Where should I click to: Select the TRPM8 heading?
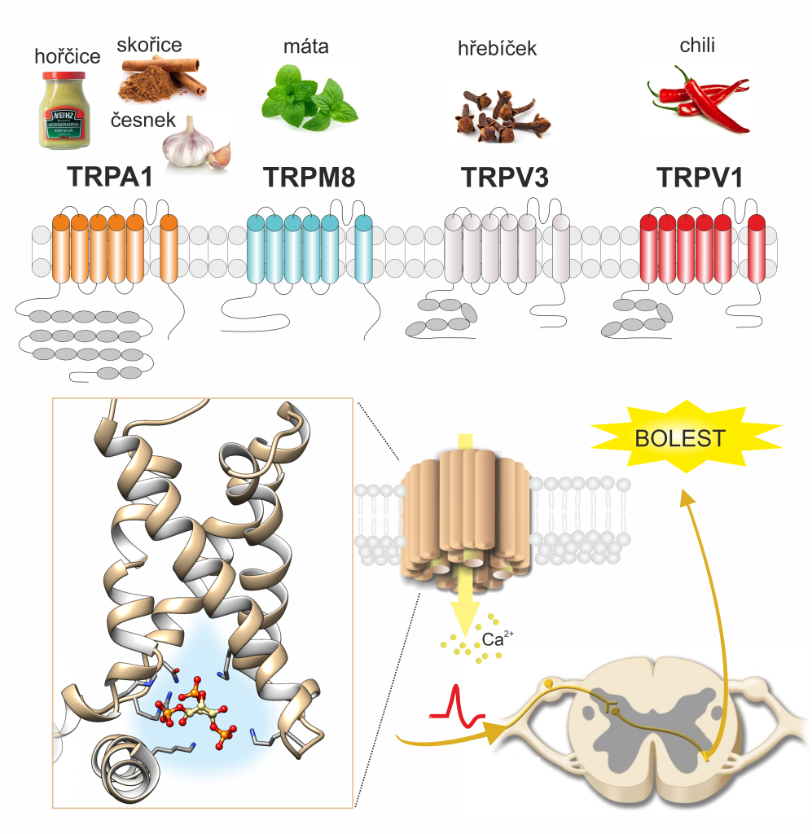coord(309,178)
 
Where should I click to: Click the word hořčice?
coord(68,56)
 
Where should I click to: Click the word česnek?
coord(143,120)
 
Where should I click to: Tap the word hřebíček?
coord(498,50)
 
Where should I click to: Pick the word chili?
coord(697,46)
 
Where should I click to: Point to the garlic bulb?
coord(192,142)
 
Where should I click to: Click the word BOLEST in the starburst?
coord(681,438)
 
